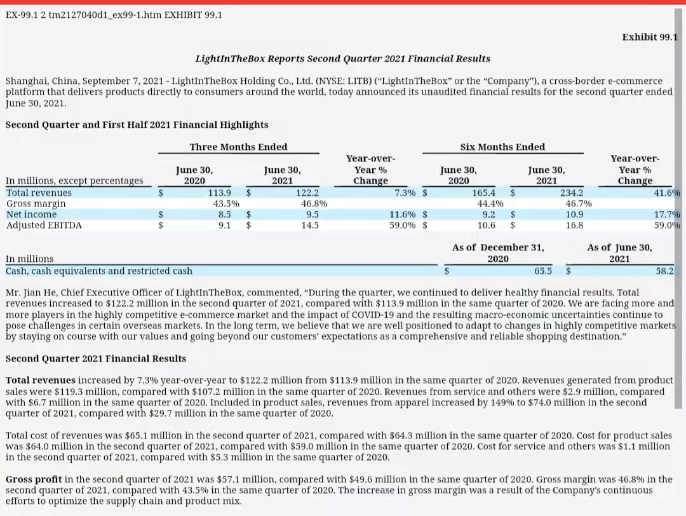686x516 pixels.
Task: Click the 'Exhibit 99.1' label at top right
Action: coord(650,37)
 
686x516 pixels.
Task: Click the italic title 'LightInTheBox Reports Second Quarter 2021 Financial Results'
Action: coord(342,58)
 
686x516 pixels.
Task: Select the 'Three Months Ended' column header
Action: coord(238,147)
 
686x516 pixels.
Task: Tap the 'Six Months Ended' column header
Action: coord(502,147)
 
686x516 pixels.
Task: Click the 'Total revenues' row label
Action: coord(39,193)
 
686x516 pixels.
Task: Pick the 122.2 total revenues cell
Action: coord(307,193)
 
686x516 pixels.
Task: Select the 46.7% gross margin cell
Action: coord(579,203)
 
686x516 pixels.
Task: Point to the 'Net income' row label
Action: coord(31,214)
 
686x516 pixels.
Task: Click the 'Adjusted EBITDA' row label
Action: coord(44,225)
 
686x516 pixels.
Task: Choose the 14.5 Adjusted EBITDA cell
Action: coord(310,225)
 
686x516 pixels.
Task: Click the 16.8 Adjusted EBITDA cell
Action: coord(574,225)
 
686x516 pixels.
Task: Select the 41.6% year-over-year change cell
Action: coord(667,193)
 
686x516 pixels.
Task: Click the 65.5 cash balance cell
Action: coord(543,271)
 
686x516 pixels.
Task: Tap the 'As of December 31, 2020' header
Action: coord(498,253)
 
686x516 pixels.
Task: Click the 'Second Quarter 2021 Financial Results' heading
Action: coord(96,358)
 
